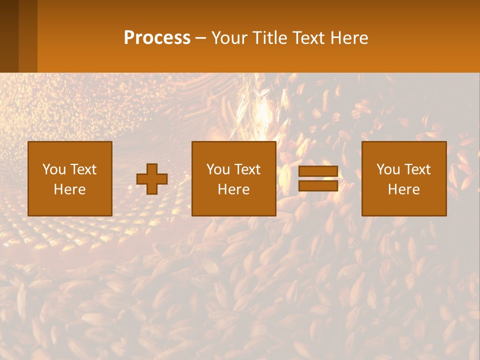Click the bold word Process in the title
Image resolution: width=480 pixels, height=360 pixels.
(157, 38)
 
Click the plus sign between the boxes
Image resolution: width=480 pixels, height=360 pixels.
(152, 179)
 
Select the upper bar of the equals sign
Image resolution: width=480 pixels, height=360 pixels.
(318, 171)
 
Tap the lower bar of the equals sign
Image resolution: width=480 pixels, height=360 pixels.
(318, 185)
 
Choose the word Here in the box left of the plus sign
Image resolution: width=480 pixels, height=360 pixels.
(69, 189)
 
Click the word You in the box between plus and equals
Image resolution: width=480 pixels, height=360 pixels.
(218, 169)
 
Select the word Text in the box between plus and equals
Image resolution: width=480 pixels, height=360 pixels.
(247, 169)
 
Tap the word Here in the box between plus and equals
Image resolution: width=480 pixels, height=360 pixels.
(233, 189)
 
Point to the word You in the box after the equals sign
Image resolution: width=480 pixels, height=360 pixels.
(388, 169)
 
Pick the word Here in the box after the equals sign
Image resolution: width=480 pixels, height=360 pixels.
(403, 189)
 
